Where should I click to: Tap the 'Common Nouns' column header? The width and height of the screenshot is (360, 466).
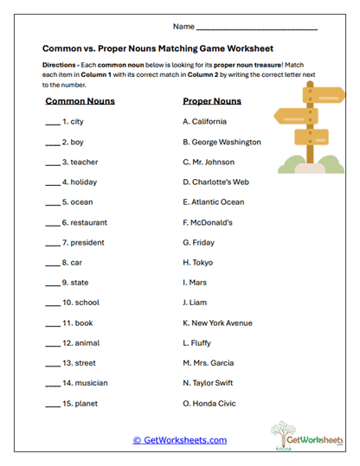pos(80,101)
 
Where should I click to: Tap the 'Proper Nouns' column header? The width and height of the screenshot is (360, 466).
pos(212,101)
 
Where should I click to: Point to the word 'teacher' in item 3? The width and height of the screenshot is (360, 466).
pos(85,162)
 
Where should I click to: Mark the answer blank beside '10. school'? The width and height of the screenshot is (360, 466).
pos(52,303)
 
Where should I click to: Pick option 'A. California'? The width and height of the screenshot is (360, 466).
pos(204,122)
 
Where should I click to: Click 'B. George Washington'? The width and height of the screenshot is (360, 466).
pos(222,142)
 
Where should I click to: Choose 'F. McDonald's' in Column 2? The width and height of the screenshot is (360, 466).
pos(208,222)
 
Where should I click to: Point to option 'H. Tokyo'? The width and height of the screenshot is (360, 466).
pos(198,263)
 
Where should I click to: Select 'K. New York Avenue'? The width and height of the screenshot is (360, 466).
pos(218,323)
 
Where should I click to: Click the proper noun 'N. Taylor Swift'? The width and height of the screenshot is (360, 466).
pos(211,384)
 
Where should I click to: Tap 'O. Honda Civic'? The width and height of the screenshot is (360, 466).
pos(209,404)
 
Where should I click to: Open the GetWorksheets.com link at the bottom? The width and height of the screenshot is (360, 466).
pos(180,440)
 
